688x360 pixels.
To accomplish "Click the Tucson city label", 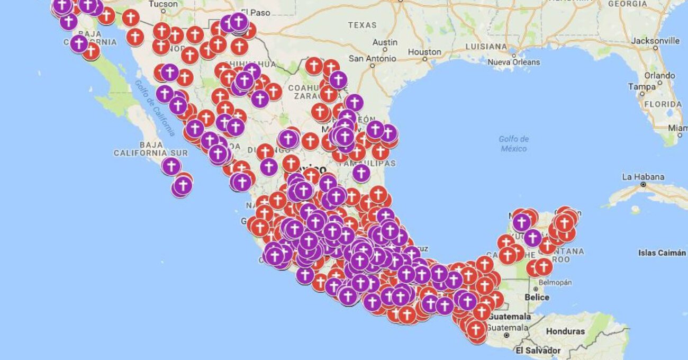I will (164, 4).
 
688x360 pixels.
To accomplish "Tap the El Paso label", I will (255, 11).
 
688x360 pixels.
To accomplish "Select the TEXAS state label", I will (363, 25).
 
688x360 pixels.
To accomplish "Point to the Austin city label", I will (385, 42).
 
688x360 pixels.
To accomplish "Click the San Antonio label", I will (372, 58).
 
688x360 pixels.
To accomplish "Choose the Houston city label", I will (424, 52).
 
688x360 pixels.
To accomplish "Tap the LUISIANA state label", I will (486, 47).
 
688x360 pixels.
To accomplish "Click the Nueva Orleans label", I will (514, 62).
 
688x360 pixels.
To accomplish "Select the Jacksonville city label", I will (655, 41).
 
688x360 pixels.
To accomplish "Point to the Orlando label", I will (659, 75).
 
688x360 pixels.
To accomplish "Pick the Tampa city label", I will (641, 86).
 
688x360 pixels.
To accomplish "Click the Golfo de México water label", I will (513, 143).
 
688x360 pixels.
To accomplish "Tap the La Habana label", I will (643, 176).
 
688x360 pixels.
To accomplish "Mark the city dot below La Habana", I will (643, 185).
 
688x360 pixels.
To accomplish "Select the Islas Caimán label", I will (662, 253).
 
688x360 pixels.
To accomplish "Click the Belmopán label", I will (554, 282).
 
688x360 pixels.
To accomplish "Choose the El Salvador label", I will (538, 350).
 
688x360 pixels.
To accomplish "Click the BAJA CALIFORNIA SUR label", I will (150, 149).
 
